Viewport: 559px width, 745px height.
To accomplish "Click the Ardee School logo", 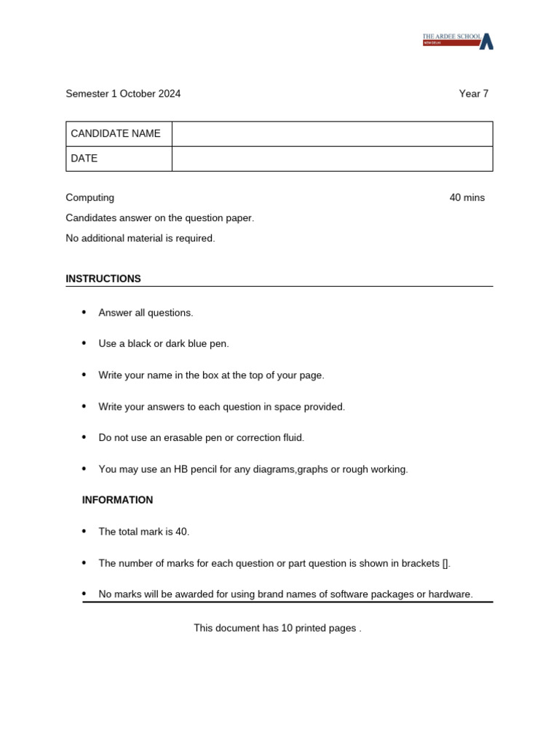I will [458, 41].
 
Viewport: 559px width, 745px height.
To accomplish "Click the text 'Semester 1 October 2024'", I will [123, 94].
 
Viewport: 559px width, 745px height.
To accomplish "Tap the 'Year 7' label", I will [473, 94].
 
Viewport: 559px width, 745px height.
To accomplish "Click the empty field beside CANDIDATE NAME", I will [332, 134].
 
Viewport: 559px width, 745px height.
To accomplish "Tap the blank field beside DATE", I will [332, 159].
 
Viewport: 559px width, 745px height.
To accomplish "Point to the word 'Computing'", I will [90, 198].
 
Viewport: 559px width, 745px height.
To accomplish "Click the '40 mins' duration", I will [467, 198].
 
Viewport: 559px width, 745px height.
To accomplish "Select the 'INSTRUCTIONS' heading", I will [103, 279].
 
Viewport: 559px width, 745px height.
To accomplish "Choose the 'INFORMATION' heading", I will [117, 500].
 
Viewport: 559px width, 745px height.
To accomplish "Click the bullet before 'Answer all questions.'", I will [84, 312].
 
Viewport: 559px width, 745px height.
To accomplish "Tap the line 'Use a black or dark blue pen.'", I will [164, 344].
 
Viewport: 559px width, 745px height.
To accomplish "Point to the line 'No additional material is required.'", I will [140, 239].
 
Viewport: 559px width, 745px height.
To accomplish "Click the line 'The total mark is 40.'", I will [144, 532].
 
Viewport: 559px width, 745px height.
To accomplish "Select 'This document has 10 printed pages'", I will [276, 628].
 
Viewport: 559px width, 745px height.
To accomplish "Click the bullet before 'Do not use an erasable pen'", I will [84, 437].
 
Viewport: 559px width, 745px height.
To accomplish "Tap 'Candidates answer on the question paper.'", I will [160, 218].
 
